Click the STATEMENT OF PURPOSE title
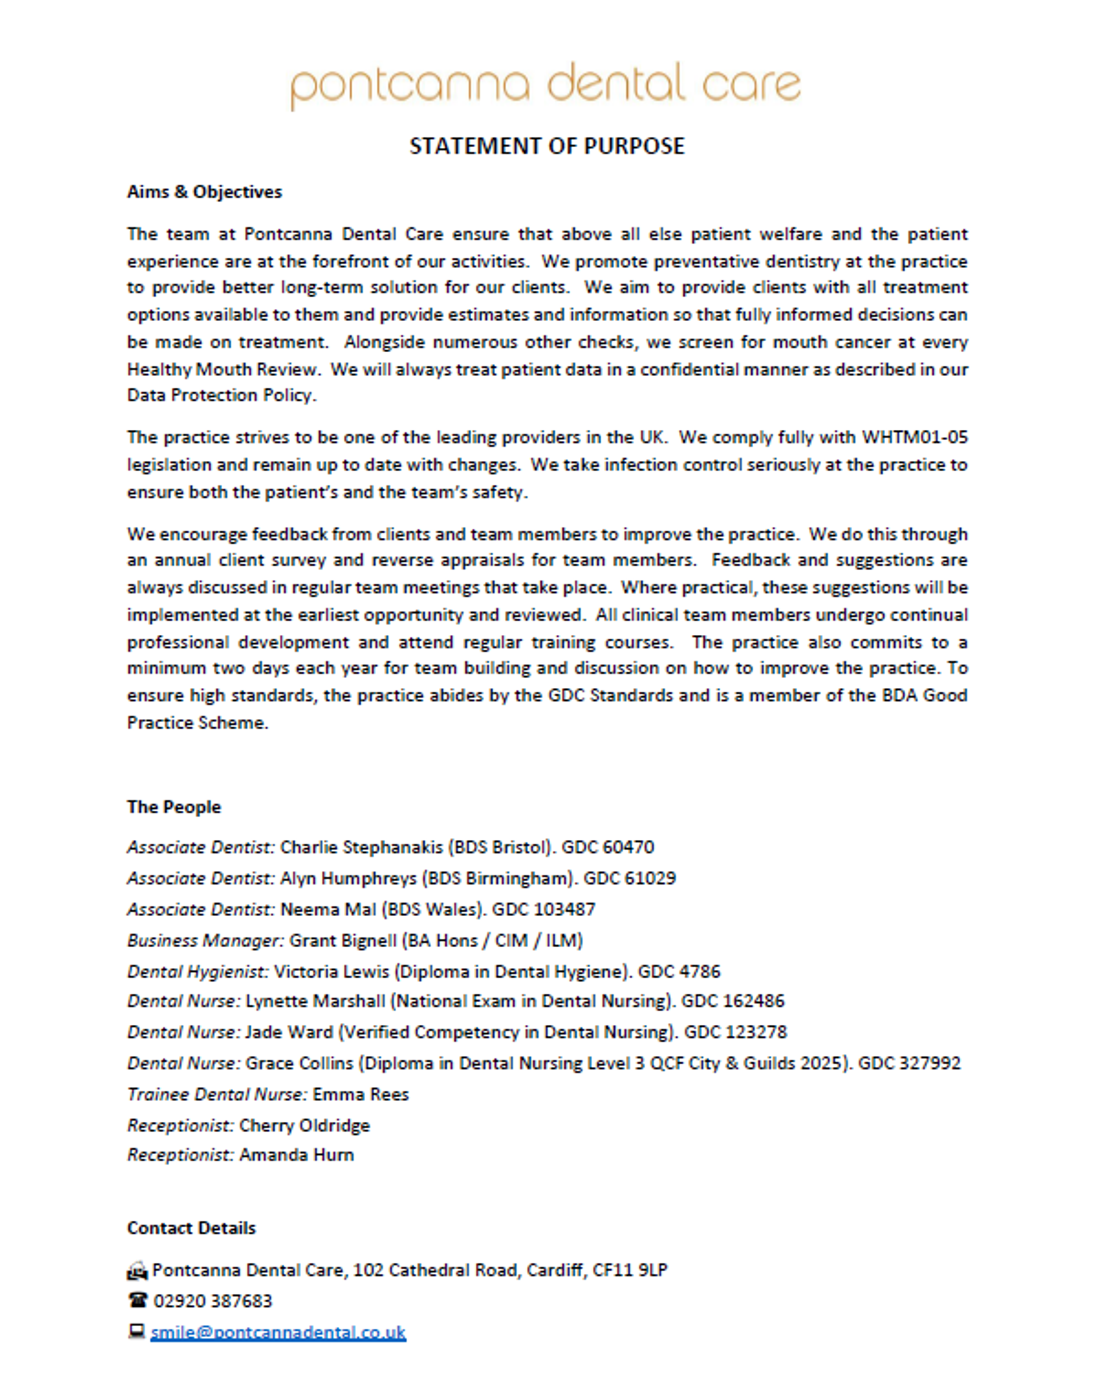[547, 146]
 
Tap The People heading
[174, 807]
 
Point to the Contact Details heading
[191, 1228]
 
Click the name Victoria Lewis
[331, 971]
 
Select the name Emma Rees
[360, 1095]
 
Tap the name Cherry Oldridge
[305, 1125]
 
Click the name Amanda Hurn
[296, 1155]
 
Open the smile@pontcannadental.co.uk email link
[278, 1332]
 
